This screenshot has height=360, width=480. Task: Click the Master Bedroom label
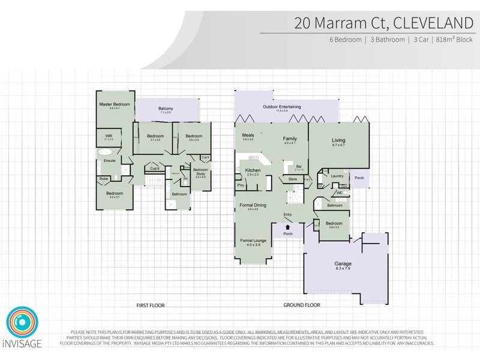coord(114,104)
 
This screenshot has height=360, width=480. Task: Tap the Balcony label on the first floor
coord(166,108)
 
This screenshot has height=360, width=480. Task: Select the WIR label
coord(109,136)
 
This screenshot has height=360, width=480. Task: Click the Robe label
coord(104,179)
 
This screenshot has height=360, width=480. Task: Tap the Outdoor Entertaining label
coord(282,107)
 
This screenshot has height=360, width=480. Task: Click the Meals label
coord(248,136)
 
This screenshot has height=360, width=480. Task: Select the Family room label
coord(290,139)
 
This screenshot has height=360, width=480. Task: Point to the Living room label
coord(338,141)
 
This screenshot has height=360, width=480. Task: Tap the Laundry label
coord(336,176)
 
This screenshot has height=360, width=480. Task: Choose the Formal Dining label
coord(253,206)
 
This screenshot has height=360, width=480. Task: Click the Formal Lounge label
coord(250,241)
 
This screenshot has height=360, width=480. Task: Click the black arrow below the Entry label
coord(288,227)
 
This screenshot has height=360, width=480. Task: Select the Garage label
coord(343,263)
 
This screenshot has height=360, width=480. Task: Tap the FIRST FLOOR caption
coord(150,305)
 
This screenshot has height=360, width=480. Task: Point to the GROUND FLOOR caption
coord(301,305)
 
